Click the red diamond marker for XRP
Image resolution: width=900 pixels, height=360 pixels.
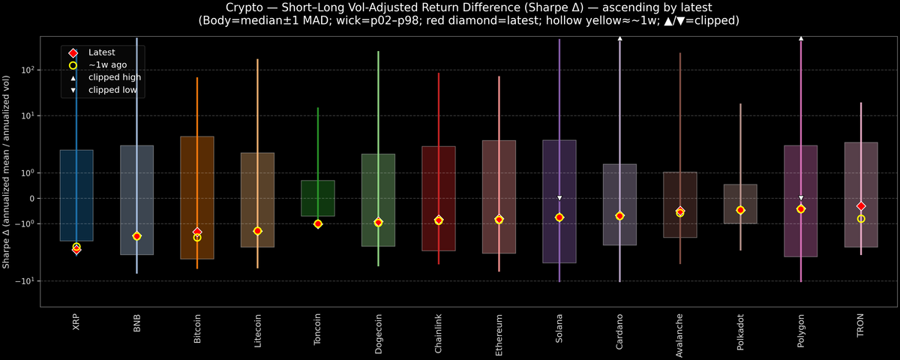(76, 250)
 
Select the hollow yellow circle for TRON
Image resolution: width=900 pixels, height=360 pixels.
(861, 219)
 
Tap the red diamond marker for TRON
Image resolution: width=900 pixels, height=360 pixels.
(861, 206)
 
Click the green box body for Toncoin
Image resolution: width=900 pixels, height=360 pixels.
(318, 198)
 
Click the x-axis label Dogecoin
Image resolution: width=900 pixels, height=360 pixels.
(378, 334)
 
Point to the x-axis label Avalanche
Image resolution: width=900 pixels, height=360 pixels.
(679, 334)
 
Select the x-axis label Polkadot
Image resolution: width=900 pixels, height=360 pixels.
(740, 334)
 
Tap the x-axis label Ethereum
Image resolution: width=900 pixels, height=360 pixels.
(499, 334)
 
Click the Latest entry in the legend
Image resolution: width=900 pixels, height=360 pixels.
(101, 52)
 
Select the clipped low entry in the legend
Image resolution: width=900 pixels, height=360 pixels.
(112, 90)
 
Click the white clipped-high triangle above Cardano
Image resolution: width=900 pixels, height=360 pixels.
(619, 37)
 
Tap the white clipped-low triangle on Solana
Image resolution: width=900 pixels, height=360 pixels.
(559, 198)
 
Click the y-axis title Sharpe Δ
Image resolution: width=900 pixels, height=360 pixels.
(6, 171)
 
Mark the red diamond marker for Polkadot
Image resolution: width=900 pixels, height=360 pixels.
(740, 210)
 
